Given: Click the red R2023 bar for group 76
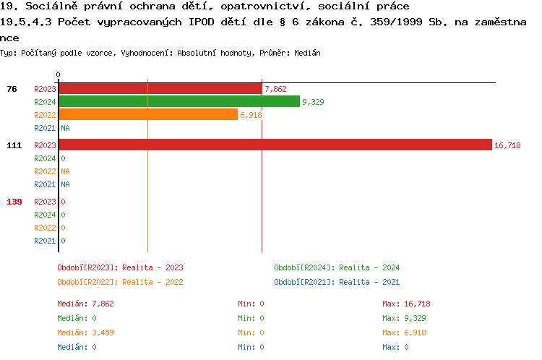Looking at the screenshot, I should pyautogui.click(x=160, y=89).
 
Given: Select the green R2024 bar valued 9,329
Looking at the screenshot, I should pyautogui.click(x=178, y=102).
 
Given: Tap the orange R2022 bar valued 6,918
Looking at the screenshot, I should pyautogui.click(x=147, y=115).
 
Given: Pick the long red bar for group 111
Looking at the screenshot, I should pyautogui.click(x=275, y=145).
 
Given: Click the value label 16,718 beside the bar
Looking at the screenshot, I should pyautogui.click(x=507, y=145).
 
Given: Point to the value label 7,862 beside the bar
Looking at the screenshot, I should pyautogui.click(x=276, y=89).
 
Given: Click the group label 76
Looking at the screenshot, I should pyautogui.click(x=12, y=89).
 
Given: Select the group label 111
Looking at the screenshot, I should pyautogui.click(x=14, y=145).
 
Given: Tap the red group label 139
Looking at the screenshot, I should pyautogui.click(x=14, y=202).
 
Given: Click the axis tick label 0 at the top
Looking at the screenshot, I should pyautogui.click(x=58, y=74).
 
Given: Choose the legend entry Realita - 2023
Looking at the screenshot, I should pyautogui.click(x=120, y=267).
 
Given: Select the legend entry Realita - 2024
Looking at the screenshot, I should pyautogui.click(x=337, y=267).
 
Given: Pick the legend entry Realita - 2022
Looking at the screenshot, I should pyautogui.click(x=120, y=282).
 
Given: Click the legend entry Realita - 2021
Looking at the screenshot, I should pyautogui.click(x=337, y=282).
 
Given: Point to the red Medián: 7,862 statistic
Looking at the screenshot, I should pyautogui.click(x=85, y=304).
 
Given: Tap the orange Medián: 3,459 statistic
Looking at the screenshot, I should pyautogui.click(x=85, y=333).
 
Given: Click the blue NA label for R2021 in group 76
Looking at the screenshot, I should pyautogui.click(x=65, y=128).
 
